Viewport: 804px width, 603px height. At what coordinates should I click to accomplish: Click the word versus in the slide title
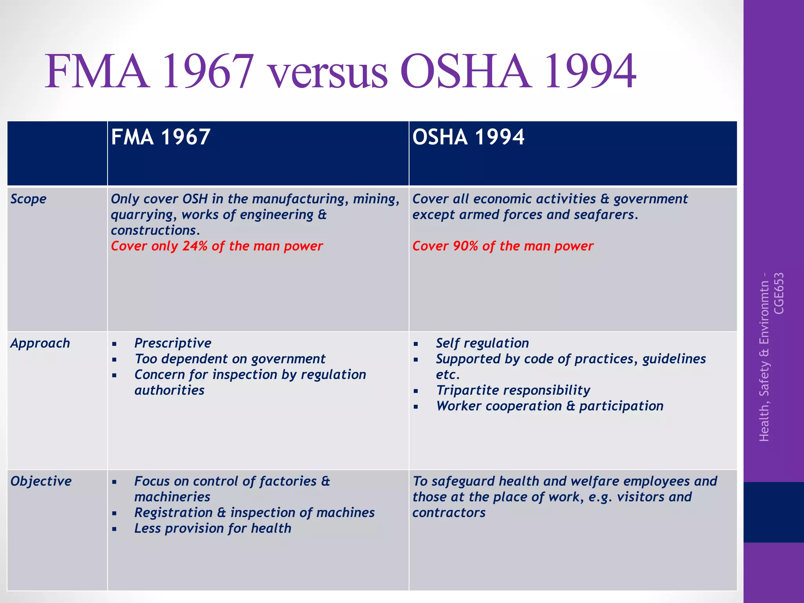pyautogui.click(x=328, y=73)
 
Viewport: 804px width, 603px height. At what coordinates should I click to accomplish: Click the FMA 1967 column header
pyautogui.click(x=161, y=137)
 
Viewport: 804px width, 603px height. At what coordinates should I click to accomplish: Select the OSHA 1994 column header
pyautogui.click(x=468, y=137)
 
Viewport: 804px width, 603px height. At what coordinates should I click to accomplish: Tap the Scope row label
pyautogui.click(x=28, y=199)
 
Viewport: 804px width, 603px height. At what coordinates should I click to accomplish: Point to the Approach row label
pyautogui.click(x=40, y=343)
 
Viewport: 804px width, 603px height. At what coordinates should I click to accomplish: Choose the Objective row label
pyautogui.click(x=41, y=481)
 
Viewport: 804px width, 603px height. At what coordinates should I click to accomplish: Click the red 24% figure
pyautogui.click(x=195, y=246)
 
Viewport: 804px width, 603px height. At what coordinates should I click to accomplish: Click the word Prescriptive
pyautogui.click(x=173, y=343)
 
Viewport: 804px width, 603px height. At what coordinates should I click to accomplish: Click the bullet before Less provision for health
pyautogui.click(x=114, y=529)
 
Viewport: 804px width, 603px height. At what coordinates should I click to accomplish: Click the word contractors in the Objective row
pyautogui.click(x=449, y=513)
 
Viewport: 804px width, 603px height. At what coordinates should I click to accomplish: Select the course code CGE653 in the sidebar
pyautogui.click(x=779, y=293)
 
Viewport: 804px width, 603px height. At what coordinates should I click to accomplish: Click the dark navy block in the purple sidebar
pyautogui.click(x=773, y=512)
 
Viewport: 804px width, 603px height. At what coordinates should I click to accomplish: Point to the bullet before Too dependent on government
pyautogui.click(x=114, y=360)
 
